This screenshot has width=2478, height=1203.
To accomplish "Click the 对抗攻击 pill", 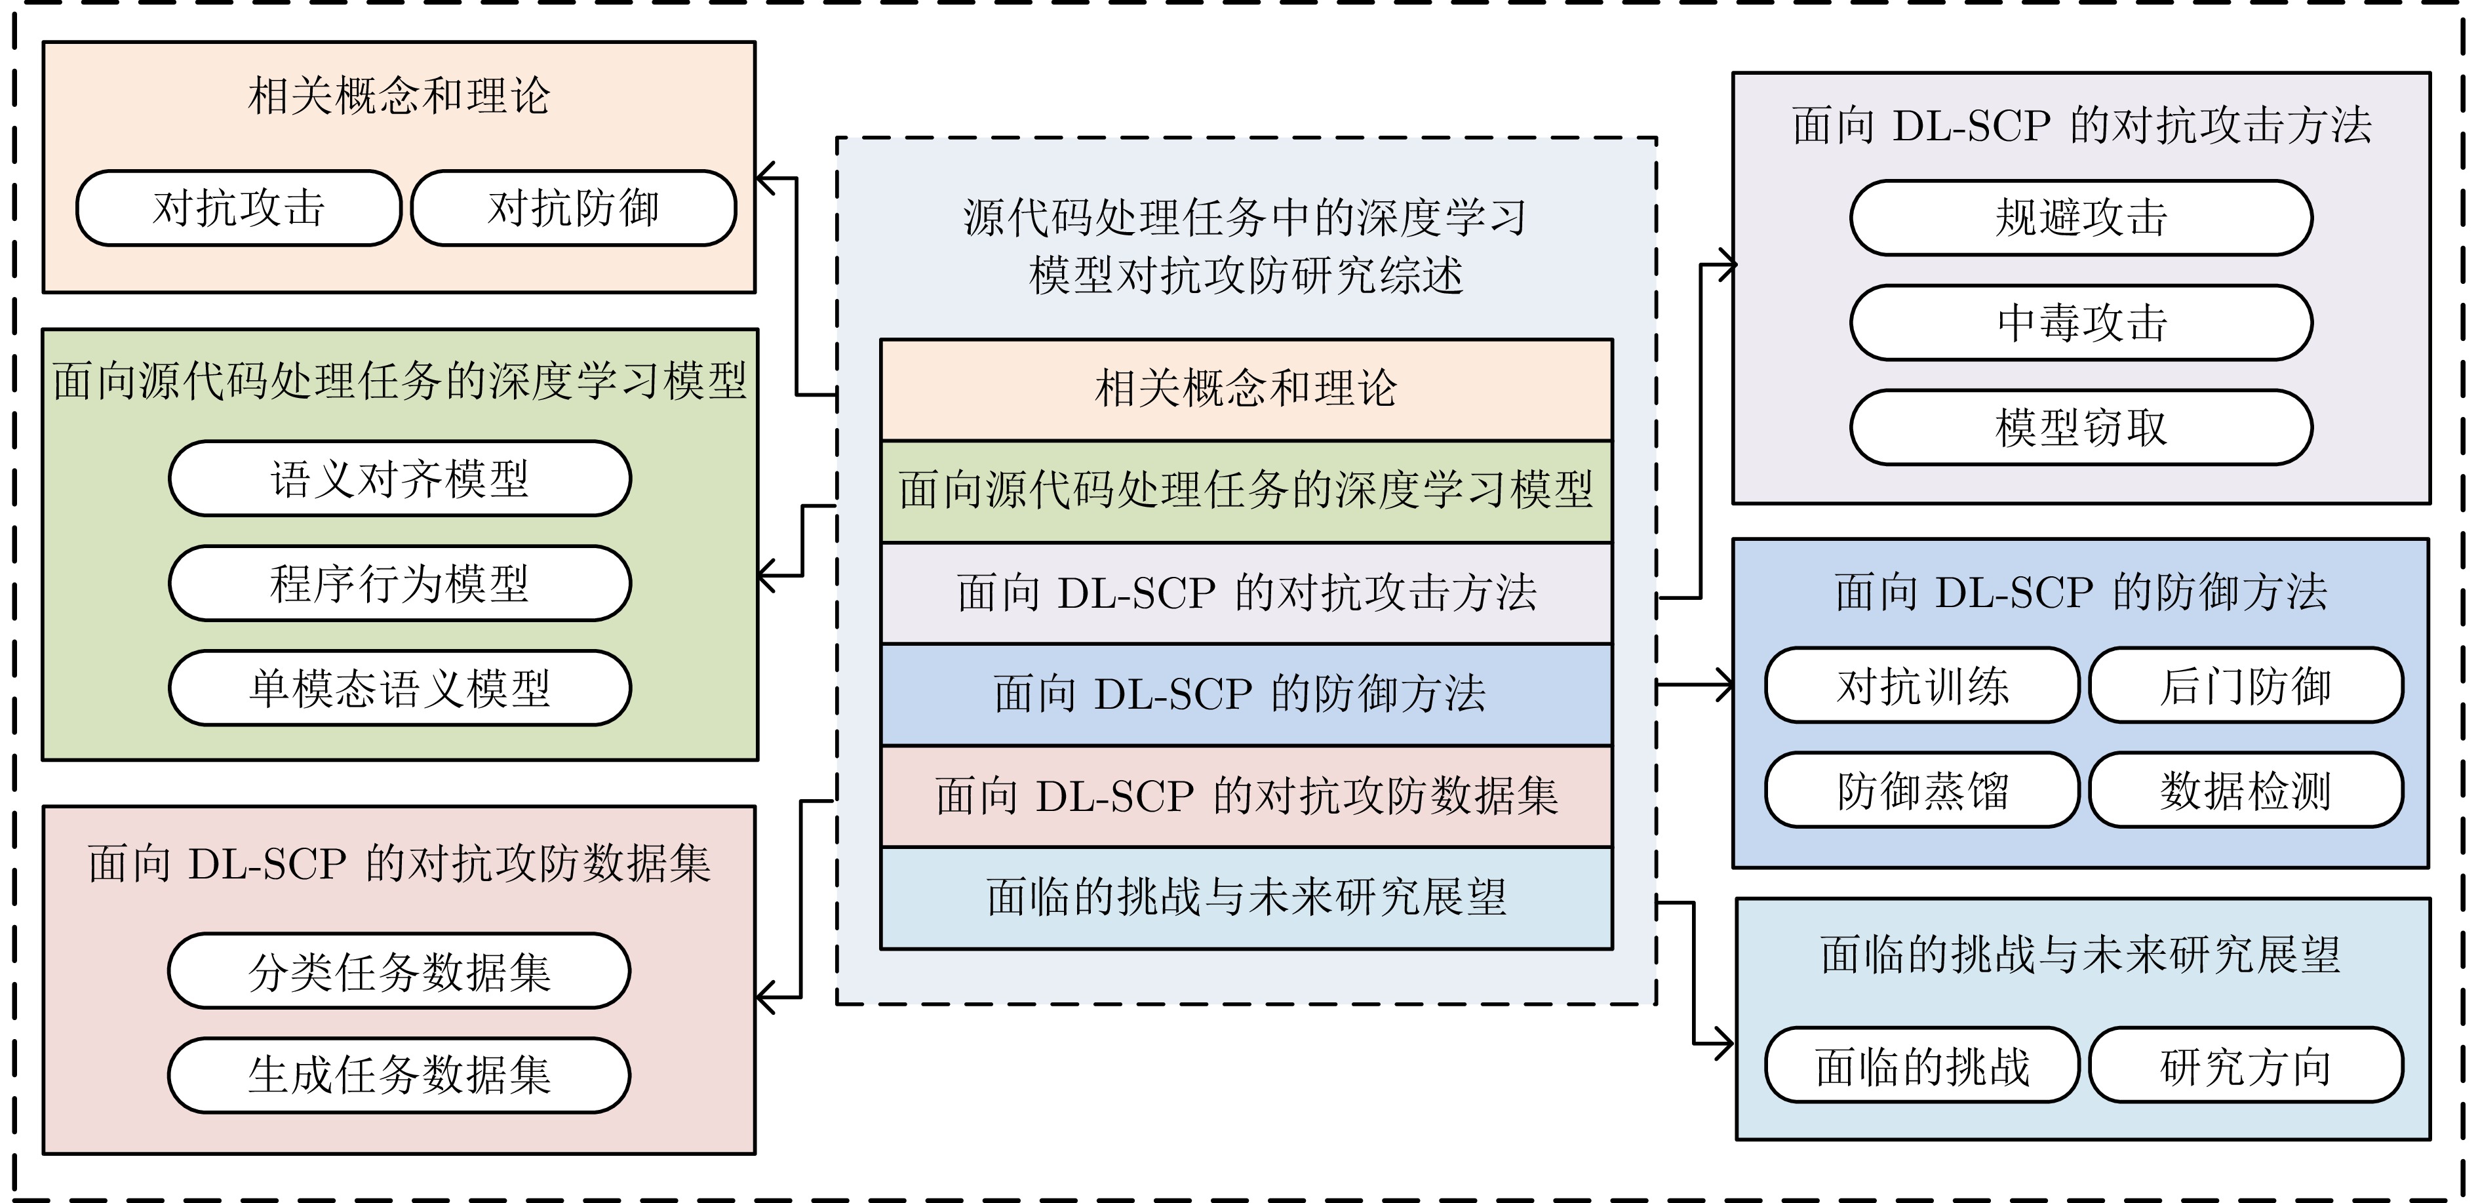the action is pos(239,208).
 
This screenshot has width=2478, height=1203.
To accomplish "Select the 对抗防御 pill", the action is pos(574,208).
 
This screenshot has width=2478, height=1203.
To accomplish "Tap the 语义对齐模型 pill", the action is pos(400,479).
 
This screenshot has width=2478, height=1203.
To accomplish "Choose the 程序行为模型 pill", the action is pos(400,583).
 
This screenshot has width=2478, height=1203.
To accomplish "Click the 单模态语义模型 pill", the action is pos(400,688).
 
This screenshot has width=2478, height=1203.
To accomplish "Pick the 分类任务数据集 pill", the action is pos(399,971).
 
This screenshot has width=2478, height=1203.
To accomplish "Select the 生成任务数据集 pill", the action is pos(399,1075).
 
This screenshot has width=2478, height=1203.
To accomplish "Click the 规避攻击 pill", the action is pos(2081,218).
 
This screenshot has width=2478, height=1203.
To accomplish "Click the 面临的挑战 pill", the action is pos(1923,1065).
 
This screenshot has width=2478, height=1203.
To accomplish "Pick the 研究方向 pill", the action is pos(2246,1065).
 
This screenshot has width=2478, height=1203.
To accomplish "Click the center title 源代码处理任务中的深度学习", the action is pos(1246,218).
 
